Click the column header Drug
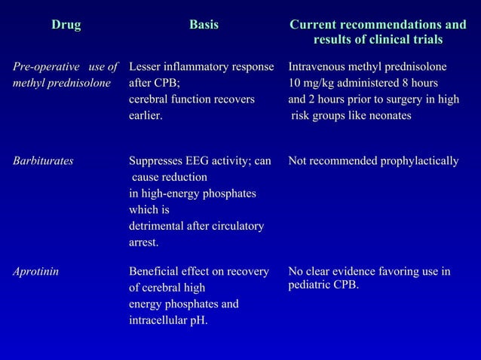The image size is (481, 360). coord(66,26)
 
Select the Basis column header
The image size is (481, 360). coord(204,26)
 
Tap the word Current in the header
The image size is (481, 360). coord(316,26)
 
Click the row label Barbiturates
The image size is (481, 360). coord(43,161)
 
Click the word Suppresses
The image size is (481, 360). coord(156,161)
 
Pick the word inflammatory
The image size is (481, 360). coord(198,66)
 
